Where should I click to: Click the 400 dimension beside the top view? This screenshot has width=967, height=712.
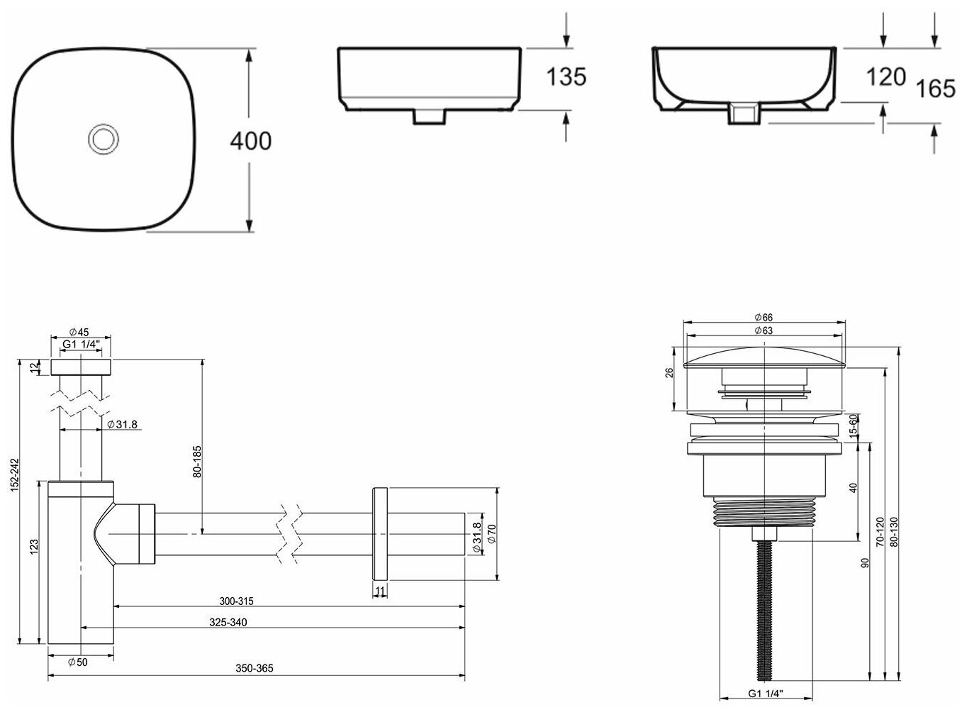tap(251, 141)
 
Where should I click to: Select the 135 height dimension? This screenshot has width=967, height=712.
tap(566, 77)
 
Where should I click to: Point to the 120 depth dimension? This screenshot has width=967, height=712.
tap(886, 77)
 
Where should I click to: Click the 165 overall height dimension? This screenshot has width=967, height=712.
tap(935, 89)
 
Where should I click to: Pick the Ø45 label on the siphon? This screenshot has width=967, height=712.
tap(79, 332)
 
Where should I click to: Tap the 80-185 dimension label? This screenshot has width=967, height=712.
tap(197, 462)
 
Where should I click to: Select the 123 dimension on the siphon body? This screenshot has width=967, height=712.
tap(35, 547)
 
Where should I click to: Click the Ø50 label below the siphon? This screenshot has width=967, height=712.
tap(78, 662)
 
